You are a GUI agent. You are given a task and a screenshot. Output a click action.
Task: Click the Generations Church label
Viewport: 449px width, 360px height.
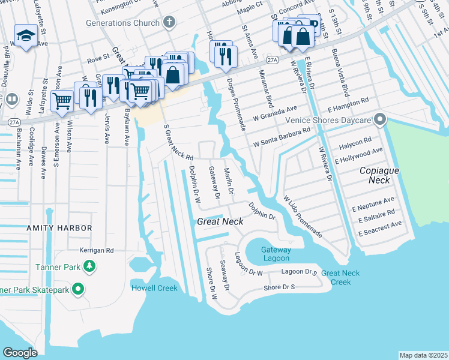[124, 23]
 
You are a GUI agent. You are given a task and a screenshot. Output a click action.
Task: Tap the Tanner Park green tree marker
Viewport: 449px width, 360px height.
[89, 265]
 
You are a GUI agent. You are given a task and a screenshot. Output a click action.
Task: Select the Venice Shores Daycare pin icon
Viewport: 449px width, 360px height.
[379, 120]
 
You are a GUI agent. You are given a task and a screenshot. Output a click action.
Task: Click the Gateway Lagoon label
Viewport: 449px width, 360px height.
[276, 254]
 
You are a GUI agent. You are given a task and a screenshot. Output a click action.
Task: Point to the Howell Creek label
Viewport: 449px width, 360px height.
[154, 288]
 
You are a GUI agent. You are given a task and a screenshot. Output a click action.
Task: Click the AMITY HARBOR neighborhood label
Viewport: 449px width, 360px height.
[59, 228]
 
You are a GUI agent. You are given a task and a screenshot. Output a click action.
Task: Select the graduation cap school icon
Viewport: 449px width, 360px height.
[26, 37]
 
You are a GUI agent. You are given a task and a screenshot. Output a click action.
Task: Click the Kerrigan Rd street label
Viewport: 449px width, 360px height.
[97, 250]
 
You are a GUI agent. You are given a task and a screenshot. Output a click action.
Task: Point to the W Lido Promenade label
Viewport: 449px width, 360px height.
[303, 215]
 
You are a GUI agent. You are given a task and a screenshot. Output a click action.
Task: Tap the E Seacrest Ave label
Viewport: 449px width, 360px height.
[380, 228]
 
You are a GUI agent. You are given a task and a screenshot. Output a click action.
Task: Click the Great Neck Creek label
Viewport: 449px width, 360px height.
[340, 277]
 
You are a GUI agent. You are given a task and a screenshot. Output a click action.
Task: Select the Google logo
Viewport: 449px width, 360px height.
[20, 352]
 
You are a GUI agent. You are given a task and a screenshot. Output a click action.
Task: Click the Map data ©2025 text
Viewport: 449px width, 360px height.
[423, 355]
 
